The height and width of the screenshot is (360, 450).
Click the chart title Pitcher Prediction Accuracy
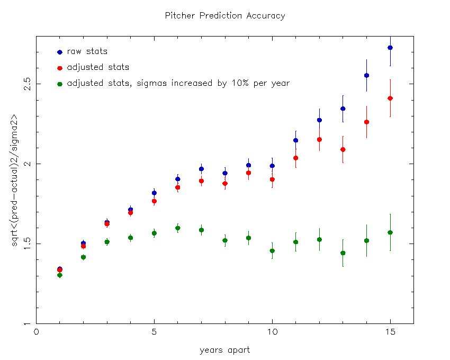225,15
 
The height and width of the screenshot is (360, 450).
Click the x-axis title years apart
224,350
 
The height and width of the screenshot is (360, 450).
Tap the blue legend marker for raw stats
60,52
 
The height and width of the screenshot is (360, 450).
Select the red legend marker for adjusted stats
60,68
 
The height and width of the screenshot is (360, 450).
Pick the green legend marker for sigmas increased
60,84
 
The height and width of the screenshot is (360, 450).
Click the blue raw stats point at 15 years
390,48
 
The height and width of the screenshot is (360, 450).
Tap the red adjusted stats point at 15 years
390,98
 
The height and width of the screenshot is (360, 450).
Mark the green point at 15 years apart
390,232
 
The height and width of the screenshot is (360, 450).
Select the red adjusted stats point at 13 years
343,150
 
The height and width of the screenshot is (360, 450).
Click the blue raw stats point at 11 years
296,140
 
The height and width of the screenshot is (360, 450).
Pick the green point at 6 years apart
178,228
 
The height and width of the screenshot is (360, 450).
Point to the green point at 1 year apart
60,275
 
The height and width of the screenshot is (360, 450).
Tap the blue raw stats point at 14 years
366,75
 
